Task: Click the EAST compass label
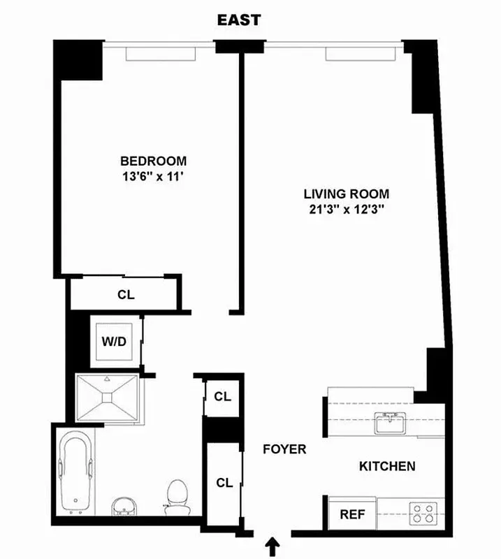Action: pyautogui.click(x=238, y=20)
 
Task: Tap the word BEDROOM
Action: pyautogui.click(x=153, y=160)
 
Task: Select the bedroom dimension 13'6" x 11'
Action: pyautogui.click(x=153, y=177)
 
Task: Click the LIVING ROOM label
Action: pyautogui.click(x=346, y=194)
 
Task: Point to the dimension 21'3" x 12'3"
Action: pyautogui.click(x=346, y=210)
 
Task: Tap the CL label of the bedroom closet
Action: pyautogui.click(x=126, y=294)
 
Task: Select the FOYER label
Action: pyautogui.click(x=284, y=449)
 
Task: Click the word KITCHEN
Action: pyautogui.click(x=387, y=466)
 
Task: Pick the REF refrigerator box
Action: pyautogui.click(x=352, y=514)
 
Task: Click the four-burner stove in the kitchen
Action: pyautogui.click(x=422, y=514)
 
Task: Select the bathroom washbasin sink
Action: pyautogui.click(x=126, y=504)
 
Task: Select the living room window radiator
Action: pyautogui.click(x=359, y=53)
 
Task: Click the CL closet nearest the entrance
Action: pyautogui.click(x=224, y=482)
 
